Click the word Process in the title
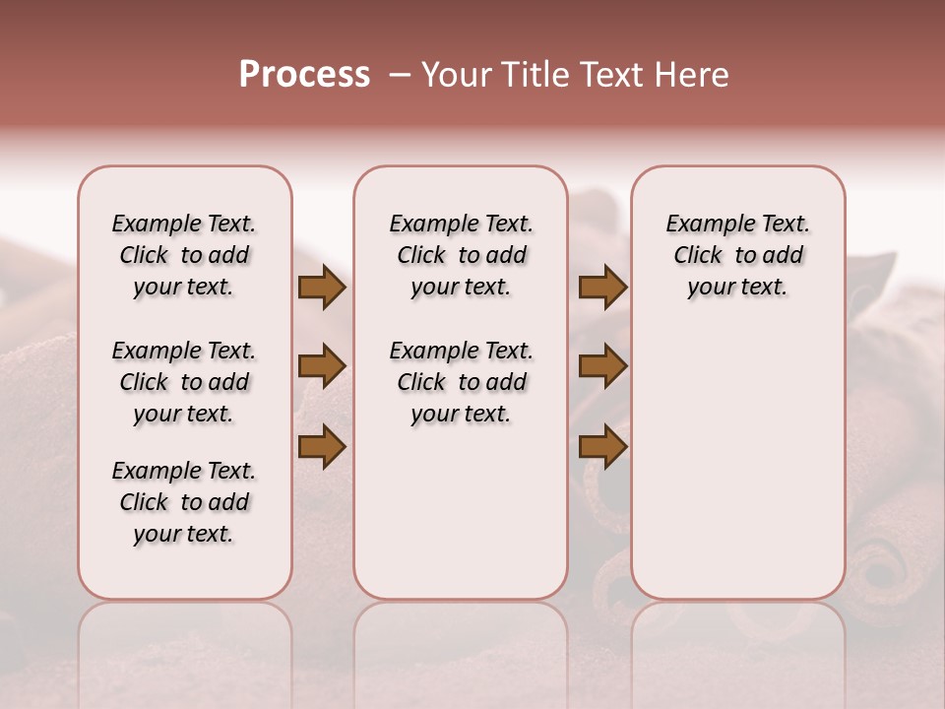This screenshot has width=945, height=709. (304, 75)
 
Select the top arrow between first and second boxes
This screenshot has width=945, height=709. (321, 288)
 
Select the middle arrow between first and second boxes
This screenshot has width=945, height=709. (321, 367)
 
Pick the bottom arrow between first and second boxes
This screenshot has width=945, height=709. (321, 446)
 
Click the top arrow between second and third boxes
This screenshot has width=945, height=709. (602, 288)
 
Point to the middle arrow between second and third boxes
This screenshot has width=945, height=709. (602, 367)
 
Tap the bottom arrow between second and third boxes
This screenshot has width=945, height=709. (602, 446)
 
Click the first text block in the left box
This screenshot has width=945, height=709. (184, 255)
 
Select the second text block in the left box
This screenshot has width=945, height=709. (184, 382)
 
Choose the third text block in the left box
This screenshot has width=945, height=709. (184, 502)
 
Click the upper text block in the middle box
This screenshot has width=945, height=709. (461, 255)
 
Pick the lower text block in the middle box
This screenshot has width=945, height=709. (461, 382)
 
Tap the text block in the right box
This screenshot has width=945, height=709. (737, 255)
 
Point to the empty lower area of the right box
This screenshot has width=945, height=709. (737, 453)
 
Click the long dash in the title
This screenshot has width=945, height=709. (399, 75)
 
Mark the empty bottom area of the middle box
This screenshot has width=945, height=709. (461, 522)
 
